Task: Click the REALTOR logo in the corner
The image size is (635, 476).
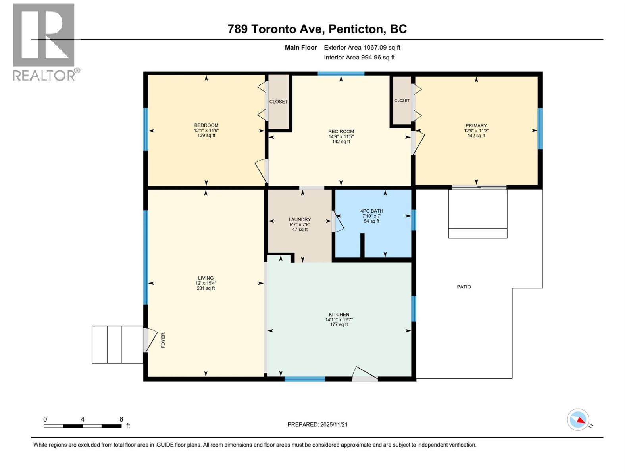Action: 44,42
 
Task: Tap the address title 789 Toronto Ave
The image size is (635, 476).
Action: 317,29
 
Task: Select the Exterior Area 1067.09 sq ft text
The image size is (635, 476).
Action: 362,48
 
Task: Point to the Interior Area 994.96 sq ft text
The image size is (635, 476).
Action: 359,58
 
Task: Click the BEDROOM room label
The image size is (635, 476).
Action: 206,125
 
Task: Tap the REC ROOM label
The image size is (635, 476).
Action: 341,132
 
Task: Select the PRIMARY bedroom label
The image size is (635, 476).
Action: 476,126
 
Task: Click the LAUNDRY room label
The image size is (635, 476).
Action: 300,219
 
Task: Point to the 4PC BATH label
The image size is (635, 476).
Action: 371,211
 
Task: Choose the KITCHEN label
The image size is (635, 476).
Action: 339,315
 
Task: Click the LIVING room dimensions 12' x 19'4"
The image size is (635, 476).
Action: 206,283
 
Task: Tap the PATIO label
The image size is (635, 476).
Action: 464,287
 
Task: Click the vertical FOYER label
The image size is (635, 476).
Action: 163,340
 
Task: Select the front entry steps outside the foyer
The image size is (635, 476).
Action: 117,344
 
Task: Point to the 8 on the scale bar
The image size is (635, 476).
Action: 121,419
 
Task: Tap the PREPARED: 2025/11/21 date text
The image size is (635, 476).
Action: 317,424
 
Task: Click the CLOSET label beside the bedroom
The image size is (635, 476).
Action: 279,102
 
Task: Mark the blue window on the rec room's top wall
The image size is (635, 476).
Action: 341,74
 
